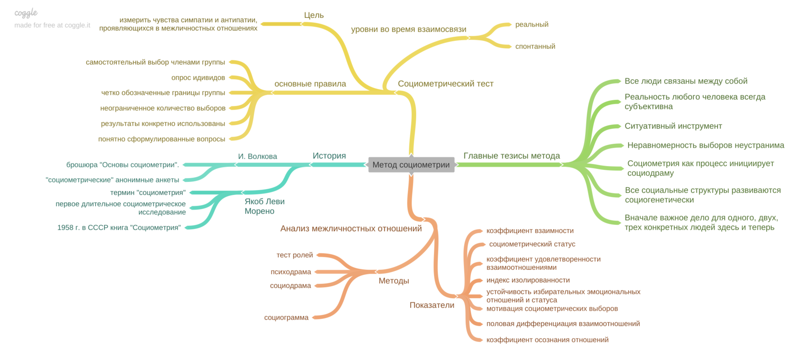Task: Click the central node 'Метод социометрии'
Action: point(411,165)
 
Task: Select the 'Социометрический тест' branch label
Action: point(445,83)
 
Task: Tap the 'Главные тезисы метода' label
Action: point(511,155)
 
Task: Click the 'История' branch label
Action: point(329,155)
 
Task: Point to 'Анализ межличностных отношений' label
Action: point(351,228)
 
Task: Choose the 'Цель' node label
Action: point(314,15)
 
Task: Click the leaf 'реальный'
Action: point(531,24)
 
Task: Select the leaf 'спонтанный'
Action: point(535,46)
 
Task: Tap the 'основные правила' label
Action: point(310,83)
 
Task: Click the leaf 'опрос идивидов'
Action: point(198,77)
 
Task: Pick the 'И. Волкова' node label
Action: point(257,156)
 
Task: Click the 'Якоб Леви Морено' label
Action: point(264,206)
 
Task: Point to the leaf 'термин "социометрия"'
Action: point(148,193)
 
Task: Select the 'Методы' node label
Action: point(393,281)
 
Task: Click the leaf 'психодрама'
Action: point(291,272)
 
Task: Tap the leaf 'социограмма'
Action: point(286,317)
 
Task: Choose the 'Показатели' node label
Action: point(432,305)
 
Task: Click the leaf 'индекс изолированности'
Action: point(528,280)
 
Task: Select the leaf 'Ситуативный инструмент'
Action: point(673,126)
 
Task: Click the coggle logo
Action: point(26,13)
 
